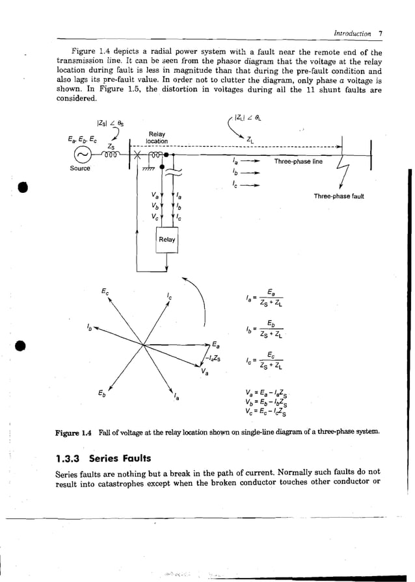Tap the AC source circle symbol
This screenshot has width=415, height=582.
[83, 156]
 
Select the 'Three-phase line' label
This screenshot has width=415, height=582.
[298, 160]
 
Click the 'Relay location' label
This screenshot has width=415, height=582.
[156, 137]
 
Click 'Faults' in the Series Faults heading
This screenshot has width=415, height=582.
[135, 459]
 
